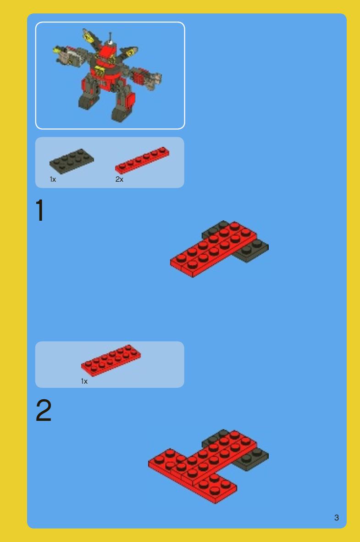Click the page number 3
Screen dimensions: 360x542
click(337, 518)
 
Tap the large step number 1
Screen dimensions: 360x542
click(40, 210)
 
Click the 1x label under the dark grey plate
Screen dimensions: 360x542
click(53, 179)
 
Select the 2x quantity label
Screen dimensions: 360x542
click(119, 179)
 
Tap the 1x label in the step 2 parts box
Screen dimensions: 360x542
click(84, 381)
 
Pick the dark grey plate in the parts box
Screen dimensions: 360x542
click(72, 161)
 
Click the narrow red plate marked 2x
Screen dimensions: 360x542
click(142, 160)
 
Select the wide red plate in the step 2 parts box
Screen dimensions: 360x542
click(111, 360)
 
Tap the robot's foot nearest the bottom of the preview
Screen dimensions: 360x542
click(121, 113)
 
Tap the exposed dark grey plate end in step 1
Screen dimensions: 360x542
click(252, 250)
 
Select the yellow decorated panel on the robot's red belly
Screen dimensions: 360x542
click(100, 73)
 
